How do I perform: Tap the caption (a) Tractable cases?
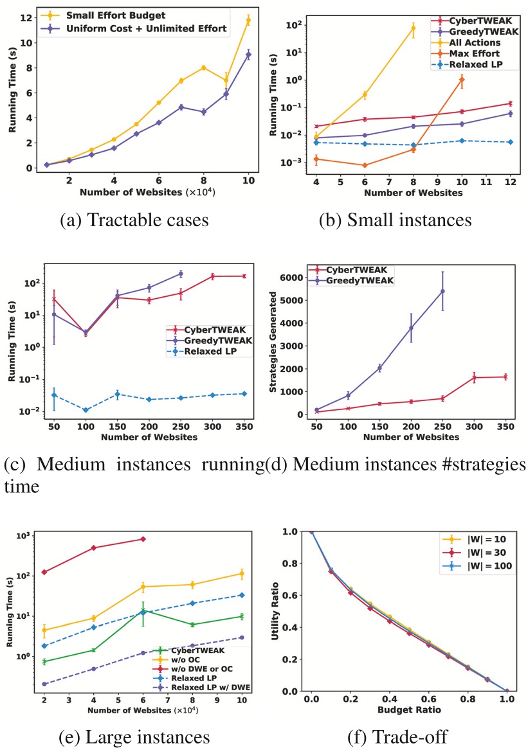coord(133,220)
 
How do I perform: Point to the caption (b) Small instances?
coord(396,220)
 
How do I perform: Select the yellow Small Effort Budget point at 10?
coord(248,21)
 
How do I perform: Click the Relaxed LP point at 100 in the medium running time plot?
coord(86,409)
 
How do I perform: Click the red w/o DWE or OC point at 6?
coord(143,539)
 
